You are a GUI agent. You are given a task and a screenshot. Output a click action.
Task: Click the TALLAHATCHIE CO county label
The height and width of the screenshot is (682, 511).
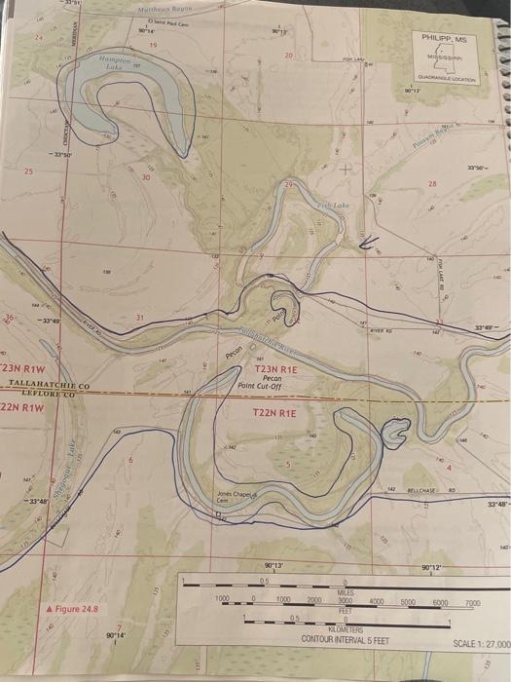[48, 387]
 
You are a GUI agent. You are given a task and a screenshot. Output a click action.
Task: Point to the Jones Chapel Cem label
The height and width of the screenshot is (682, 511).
[239, 497]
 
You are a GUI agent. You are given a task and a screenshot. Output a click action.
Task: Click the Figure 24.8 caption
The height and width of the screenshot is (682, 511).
[73, 608]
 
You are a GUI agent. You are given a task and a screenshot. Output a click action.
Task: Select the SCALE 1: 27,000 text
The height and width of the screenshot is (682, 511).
[481, 644]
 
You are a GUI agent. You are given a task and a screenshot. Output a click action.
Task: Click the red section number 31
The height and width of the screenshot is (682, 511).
[139, 319]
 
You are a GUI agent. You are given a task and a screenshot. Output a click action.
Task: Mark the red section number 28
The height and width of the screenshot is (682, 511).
[432, 183]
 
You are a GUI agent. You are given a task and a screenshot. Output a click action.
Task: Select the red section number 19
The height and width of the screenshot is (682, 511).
[153, 46]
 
